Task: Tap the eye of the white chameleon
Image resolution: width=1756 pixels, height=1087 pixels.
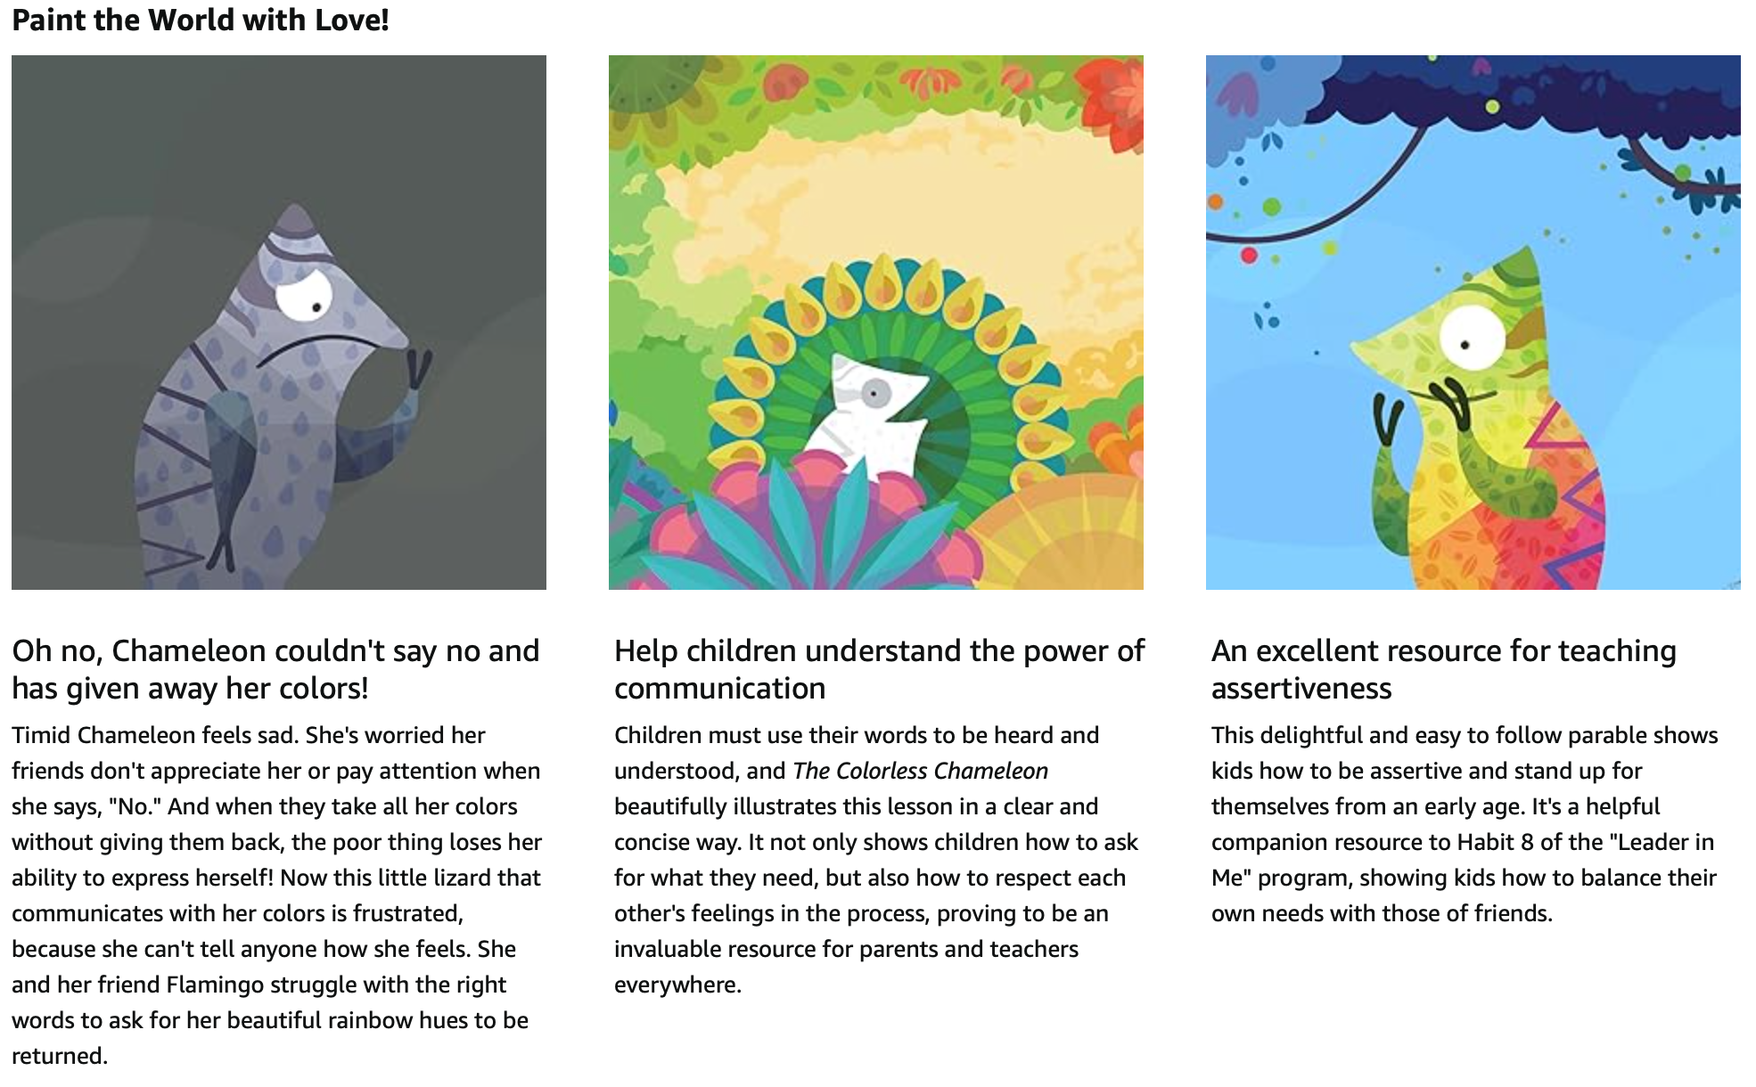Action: (x=875, y=393)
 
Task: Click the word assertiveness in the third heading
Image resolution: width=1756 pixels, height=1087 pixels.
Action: (x=1301, y=689)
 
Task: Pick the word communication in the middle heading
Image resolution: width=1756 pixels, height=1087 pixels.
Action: (x=720, y=689)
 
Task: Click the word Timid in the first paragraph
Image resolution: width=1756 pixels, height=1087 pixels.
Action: (x=41, y=735)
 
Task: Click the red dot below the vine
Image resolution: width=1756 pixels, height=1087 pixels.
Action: (x=1249, y=256)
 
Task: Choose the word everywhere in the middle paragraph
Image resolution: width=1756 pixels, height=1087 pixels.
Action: (x=677, y=985)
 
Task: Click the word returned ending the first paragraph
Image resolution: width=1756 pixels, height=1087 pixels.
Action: (x=60, y=1056)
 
